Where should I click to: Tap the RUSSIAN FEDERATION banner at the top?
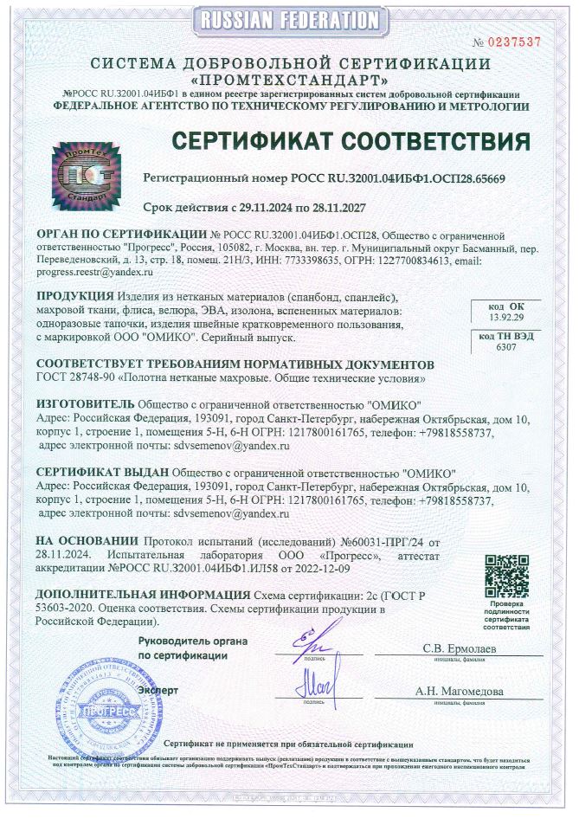pyautogui.click(x=289, y=18)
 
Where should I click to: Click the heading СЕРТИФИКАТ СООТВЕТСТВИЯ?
pyautogui.click(x=349, y=140)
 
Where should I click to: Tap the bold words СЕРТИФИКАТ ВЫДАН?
pyautogui.click(x=103, y=474)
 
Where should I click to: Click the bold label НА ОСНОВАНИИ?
pyautogui.click(x=87, y=541)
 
